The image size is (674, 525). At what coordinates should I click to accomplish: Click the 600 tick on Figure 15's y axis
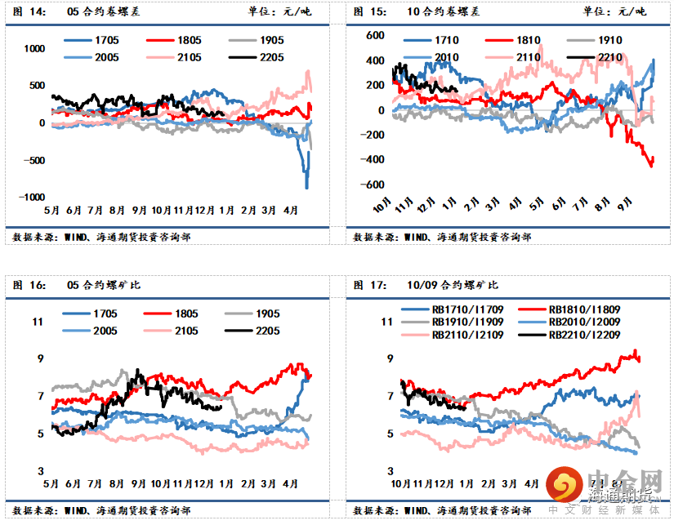pos(375,36)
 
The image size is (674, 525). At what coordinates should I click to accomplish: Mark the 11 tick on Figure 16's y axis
pos(38,322)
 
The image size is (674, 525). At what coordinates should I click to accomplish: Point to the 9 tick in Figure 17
pos(388,359)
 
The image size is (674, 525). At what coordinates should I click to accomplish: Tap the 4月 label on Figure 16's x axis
pos(291,483)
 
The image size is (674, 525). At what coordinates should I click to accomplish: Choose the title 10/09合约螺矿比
pos(453,285)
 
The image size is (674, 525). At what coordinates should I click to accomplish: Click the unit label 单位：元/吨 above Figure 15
pos(614,11)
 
